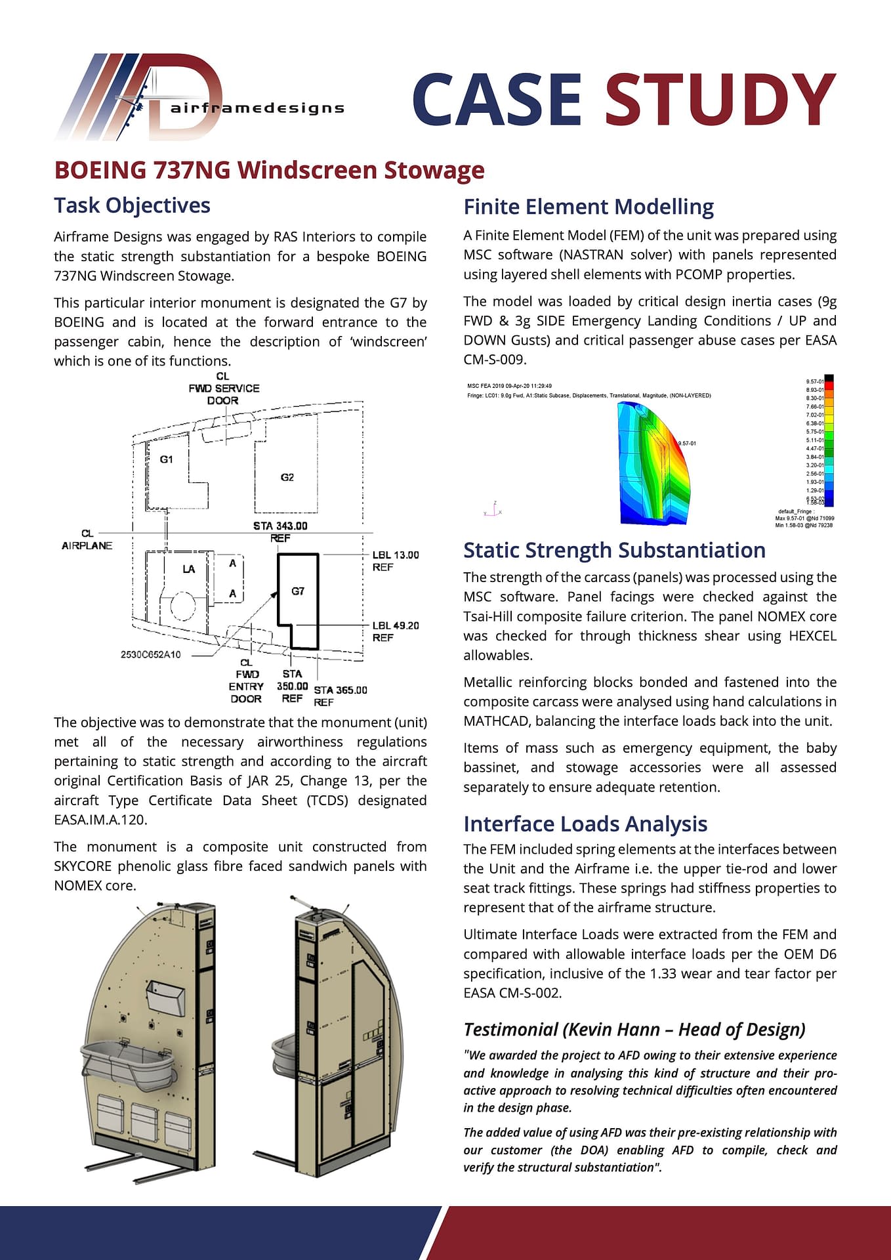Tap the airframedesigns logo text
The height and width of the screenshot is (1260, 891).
coord(257,108)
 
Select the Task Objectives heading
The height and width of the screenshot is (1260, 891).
coord(132,205)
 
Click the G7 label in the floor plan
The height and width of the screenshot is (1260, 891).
coord(298,591)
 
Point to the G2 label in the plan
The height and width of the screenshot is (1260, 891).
coord(287,477)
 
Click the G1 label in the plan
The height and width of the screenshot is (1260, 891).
coord(167,459)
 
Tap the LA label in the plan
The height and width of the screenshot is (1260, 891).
coord(189,569)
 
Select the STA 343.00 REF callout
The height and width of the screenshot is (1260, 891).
coord(280,532)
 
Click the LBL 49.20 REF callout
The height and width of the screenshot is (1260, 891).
coord(395,631)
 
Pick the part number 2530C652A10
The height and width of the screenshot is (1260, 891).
coord(150,654)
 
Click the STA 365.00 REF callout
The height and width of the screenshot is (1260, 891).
coord(340,696)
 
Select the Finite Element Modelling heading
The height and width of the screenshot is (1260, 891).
coord(588,207)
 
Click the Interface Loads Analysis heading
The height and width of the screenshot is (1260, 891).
coord(585,824)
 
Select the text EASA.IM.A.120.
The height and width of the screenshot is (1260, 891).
coord(100,820)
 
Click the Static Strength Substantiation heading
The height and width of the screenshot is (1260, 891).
coord(614,550)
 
